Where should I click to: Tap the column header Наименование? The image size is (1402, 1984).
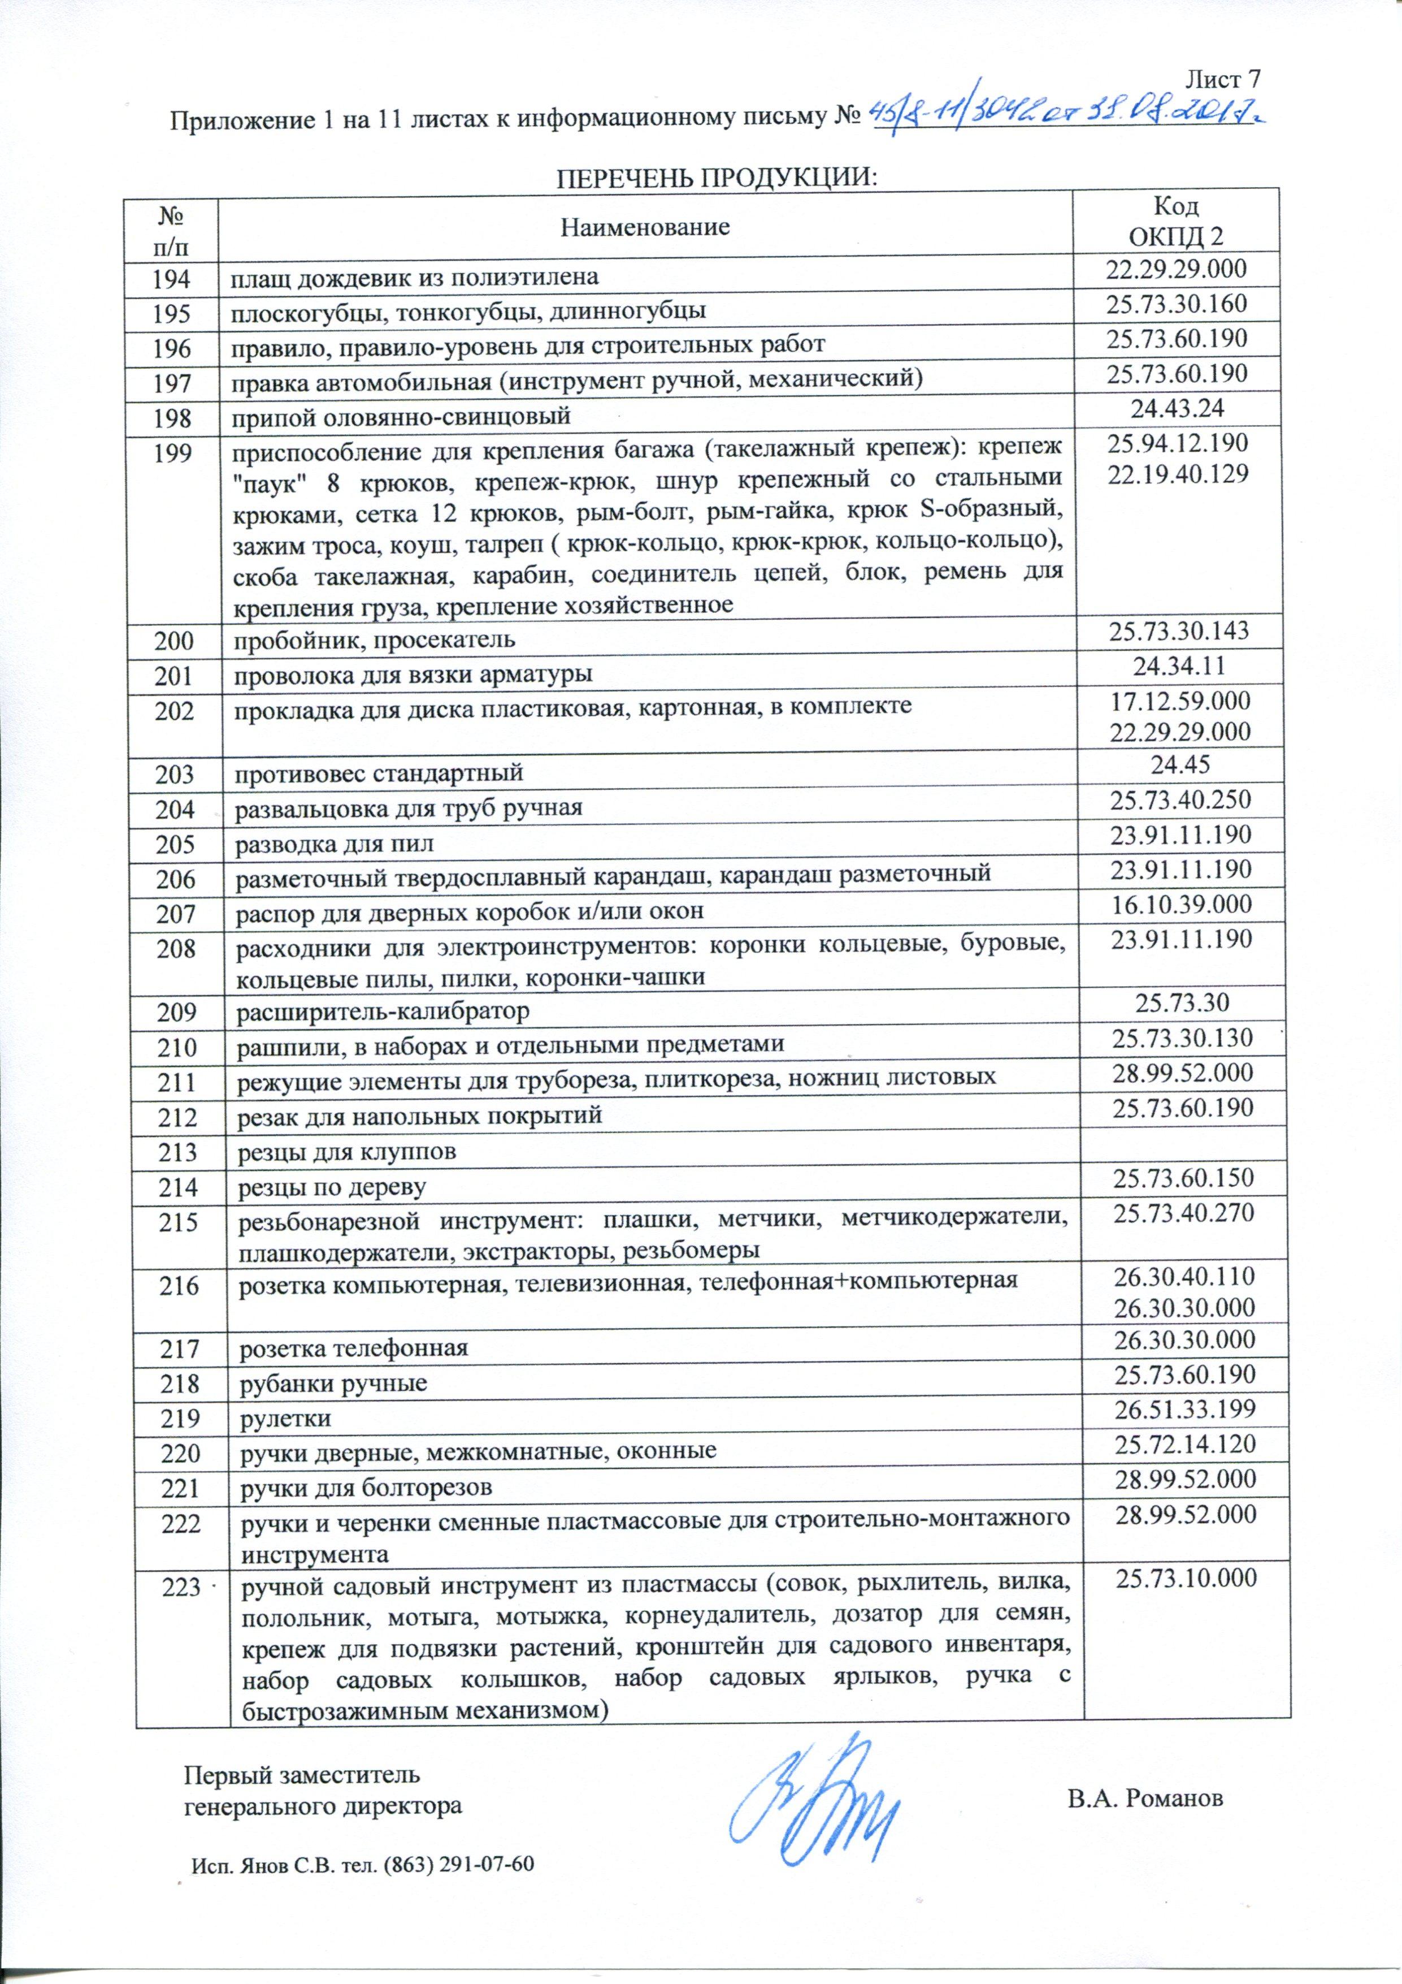click(x=645, y=227)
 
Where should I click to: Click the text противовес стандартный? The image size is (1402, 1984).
click(x=380, y=772)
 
